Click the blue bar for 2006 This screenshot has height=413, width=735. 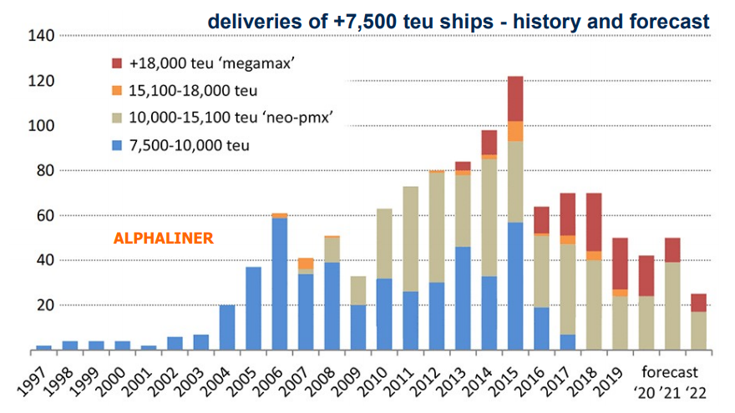click(x=281, y=284)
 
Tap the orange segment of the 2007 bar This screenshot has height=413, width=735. click(x=307, y=263)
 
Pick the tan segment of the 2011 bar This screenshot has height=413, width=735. click(x=412, y=239)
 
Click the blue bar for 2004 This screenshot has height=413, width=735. click(x=227, y=327)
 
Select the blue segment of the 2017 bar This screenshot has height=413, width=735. click(x=569, y=341)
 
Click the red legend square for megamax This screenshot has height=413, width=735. click(x=116, y=63)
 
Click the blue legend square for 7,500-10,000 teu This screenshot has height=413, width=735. click(x=116, y=145)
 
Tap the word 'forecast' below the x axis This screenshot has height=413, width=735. click(x=670, y=372)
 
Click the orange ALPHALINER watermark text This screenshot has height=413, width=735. click(x=163, y=239)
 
